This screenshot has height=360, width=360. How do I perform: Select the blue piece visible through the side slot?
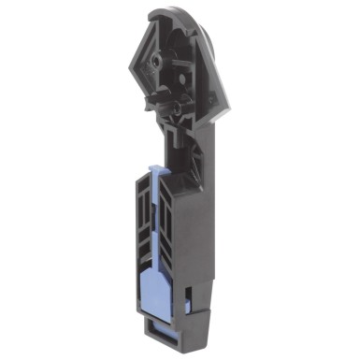click(x=190, y=302)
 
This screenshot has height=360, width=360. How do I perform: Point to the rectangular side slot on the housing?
click(x=190, y=300)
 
